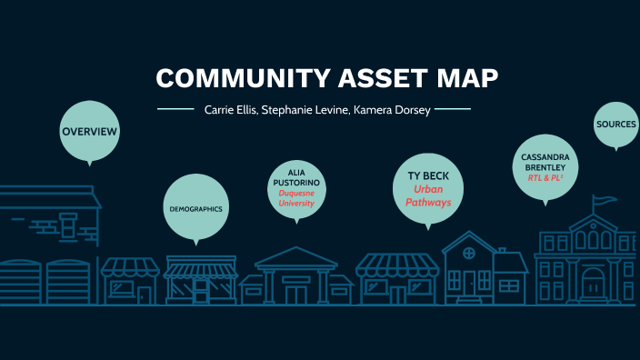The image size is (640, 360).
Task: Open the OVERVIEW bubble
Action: tap(89, 132)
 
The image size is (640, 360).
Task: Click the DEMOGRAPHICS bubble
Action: tap(195, 209)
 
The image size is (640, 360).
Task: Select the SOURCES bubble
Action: tap(615, 124)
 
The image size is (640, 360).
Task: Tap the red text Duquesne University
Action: tap(296, 198)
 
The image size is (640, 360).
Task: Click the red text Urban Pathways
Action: tap(427, 195)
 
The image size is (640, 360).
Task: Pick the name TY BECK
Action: tap(427, 175)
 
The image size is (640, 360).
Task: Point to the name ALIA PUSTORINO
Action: tap(296, 177)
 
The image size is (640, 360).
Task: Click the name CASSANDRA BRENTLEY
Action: tap(545, 163)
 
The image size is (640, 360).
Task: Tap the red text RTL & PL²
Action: tap(545, 178)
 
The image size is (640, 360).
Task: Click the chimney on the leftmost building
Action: tap(67, 223)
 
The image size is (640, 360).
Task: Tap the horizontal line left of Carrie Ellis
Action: tap(175, 110)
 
